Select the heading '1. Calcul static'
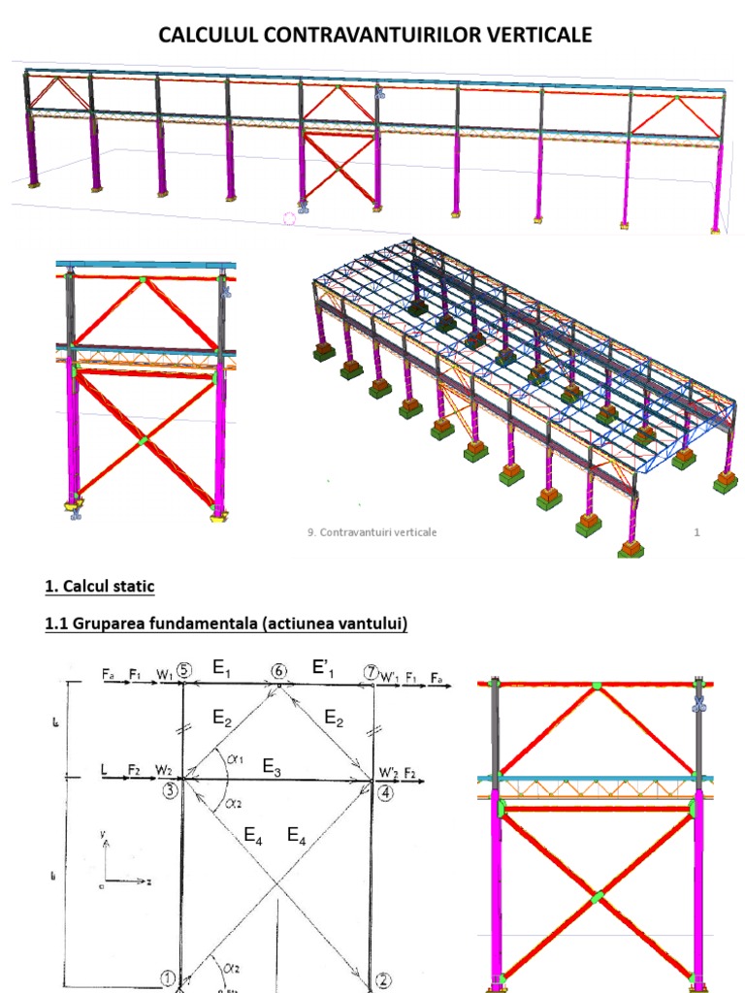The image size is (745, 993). pyautogui.click(x=99, y=586)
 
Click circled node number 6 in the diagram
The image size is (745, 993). pyautogui.click(x=279, y=671)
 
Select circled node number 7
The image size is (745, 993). pyautogui.click(x=370, y=671)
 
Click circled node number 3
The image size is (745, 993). pyautogui.click(x=170, y=790)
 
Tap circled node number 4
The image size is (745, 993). pyautogui.click(x=387, y=791)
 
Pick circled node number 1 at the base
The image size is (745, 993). pyautogui.click(x=168, y=979)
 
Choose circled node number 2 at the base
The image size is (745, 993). pyautogui.click(x=384, y=980)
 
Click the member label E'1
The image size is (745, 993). pyautogui.click(x=323, y=668)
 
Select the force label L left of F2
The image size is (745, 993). pyautogui.click(x=102, y=771)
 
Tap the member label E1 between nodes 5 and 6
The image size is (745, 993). pyautogui.click(x=222, y=668)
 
